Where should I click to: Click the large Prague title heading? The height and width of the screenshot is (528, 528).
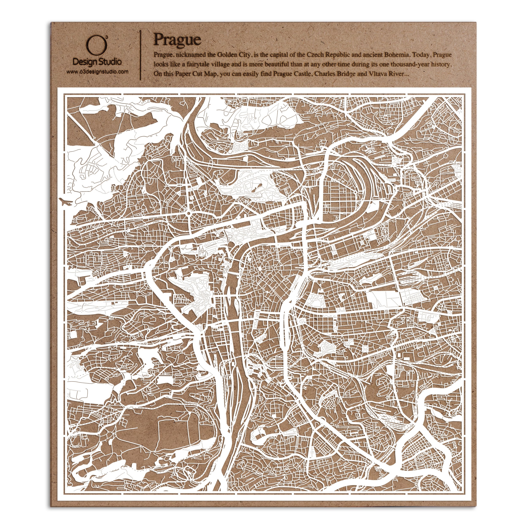pyautogui.click(x=177, y=40)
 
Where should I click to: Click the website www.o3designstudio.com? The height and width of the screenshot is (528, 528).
pyautogui.click(x=97, y=72)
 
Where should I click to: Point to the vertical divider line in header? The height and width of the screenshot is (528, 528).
pyautogui.click(x=140, y=55)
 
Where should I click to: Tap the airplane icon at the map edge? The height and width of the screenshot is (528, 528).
pyautogui.click(x=66, y=203)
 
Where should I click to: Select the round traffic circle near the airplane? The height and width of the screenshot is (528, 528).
pyautogui.click(x=188, y=212)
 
